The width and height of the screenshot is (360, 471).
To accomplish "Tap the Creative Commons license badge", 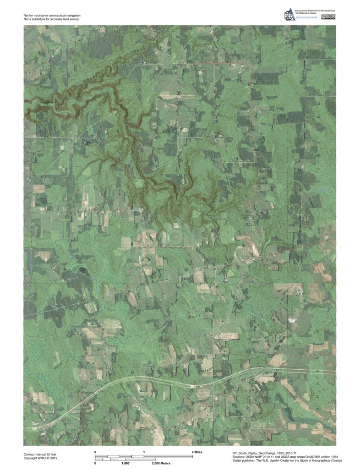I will pos(329,17).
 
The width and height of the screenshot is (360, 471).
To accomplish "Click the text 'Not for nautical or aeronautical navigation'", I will pos(55,16).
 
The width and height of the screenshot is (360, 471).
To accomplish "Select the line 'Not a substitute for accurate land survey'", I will pos(54,20).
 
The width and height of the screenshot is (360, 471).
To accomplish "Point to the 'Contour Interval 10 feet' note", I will pos(39,454).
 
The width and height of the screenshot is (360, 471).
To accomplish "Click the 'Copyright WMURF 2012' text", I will pos(40,458).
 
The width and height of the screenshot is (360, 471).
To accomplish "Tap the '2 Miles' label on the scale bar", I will pos(197,452).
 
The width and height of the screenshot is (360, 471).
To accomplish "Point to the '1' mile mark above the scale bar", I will pos(144,452).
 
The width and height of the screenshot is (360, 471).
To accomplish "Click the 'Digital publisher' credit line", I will pos(284,460).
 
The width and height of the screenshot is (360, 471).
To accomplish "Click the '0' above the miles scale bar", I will pos(95,452).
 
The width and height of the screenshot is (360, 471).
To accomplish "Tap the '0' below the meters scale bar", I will pos(95,463).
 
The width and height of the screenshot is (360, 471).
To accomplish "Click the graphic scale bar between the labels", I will pos(144,457).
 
